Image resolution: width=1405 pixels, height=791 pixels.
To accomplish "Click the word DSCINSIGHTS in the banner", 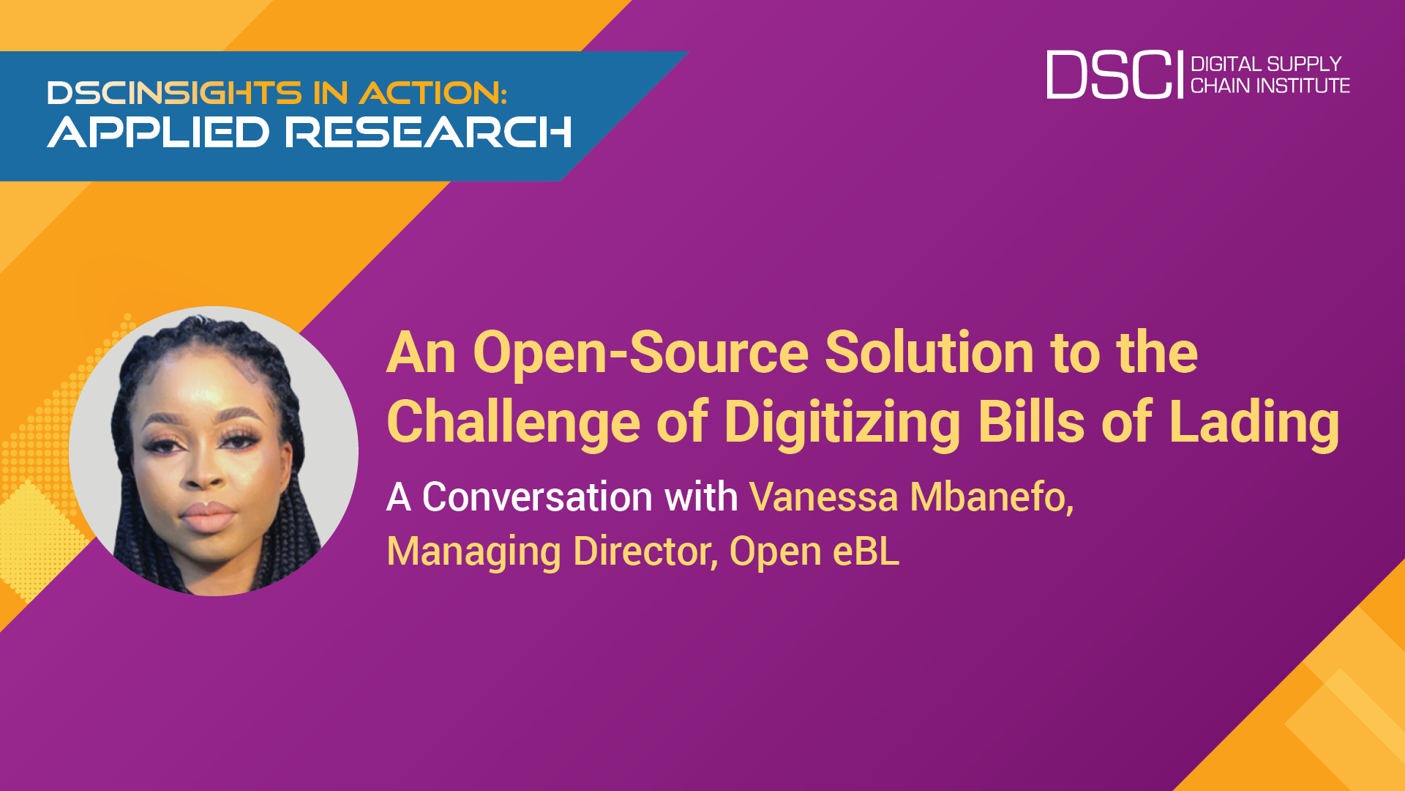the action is (175, 93).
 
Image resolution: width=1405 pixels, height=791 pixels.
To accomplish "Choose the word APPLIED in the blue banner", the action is (159, 133).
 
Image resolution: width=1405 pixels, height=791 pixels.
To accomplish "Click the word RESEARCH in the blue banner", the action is (428, 133).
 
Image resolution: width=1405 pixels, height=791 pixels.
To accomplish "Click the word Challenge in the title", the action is (514, 423).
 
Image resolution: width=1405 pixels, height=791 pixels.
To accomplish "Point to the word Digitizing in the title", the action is (842, 423).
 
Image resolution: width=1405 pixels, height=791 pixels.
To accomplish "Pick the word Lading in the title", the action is (1254, 423).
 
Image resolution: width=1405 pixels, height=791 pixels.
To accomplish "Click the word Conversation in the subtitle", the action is (538, 497).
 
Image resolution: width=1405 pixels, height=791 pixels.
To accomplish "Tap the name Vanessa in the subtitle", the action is (823, 497).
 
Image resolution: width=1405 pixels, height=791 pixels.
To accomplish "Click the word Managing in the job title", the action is (474, 552).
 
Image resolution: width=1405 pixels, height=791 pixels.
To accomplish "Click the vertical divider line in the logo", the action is (1180, 75).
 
